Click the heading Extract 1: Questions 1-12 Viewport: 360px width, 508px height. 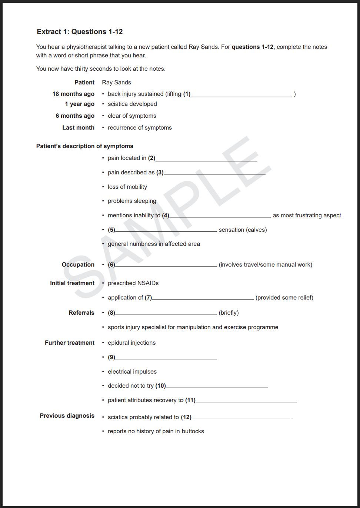click(80, 32)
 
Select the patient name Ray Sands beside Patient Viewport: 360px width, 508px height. click(116, 83)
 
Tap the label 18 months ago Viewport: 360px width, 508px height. click(73, 94)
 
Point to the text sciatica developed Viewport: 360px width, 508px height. click(132, 104)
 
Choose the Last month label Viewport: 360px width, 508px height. click(78, 128)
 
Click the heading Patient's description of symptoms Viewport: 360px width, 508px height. click(84, 146)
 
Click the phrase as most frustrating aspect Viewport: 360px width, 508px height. click(307, 215)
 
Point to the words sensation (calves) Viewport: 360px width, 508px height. click(243, 230)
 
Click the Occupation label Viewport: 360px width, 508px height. click(78, 265)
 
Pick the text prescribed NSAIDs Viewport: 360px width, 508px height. click(133, 283)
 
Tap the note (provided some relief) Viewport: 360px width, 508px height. click(284, 298)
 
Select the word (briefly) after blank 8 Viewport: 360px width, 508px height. click(229, 313)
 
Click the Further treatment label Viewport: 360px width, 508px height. click(70, 343)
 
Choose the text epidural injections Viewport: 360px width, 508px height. click(131, 343)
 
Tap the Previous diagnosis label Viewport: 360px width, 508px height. click(67, 416)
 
